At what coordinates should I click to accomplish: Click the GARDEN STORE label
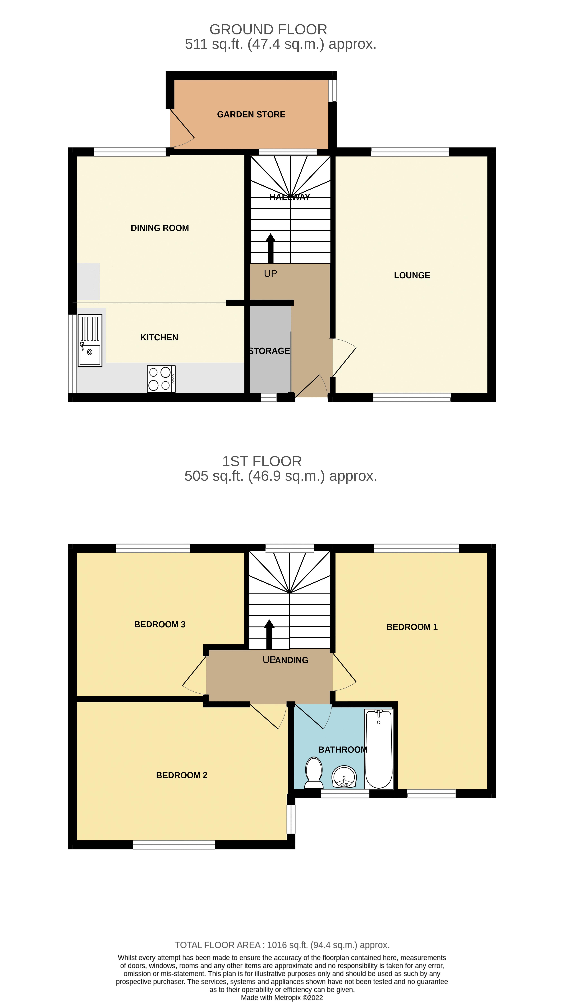[x=251, y=114]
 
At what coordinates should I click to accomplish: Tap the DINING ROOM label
[x=160, y=228]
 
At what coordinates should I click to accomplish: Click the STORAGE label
[x=269, y=351]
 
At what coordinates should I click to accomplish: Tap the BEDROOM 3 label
[x=160, y=624]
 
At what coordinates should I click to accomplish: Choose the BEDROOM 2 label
[x=182, y=775]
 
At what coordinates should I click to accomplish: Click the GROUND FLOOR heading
[x=268, y=30]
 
